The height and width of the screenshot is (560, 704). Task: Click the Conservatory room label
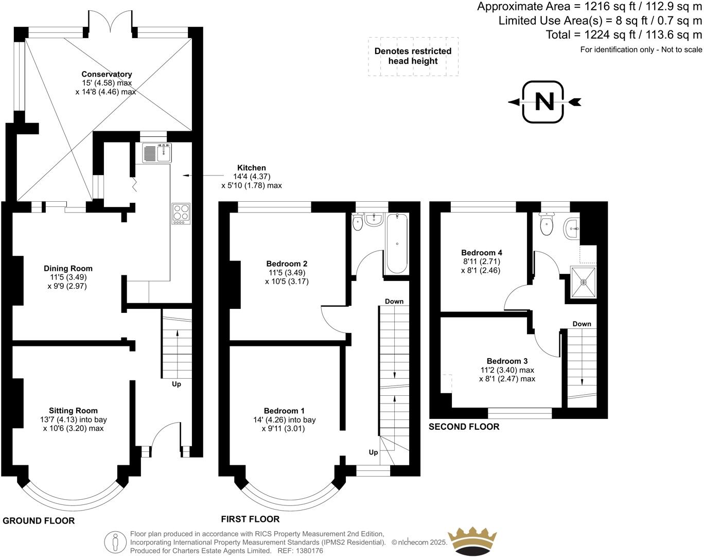(x=107, y=75)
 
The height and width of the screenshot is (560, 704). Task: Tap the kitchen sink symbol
(x=158, y=153)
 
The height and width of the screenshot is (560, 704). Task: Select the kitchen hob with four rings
(x=181, y=213)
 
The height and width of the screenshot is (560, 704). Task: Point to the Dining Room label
(x=68, y=268)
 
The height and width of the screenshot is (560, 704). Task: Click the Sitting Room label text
(x=73, y=411)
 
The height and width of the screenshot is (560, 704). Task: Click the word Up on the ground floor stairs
(x=176, y=384)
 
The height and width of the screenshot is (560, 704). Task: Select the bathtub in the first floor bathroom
(x=396, y=243)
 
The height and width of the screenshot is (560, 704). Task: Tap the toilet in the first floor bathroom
(x=358, y=223)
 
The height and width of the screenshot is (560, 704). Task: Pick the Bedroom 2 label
(x=287, y=264)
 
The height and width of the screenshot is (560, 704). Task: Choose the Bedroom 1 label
(x=284, y=411)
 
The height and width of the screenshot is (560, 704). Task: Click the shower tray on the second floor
(x=584, y=282)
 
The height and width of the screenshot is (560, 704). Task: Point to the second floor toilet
(x=546, y=224)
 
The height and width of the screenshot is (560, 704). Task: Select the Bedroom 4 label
(x=481, y=253)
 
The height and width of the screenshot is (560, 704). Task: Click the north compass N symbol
(x=544, y=102)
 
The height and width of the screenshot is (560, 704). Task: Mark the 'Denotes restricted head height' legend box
(x=413, y=56)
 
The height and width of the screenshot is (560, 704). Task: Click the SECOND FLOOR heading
(x=464, y=427)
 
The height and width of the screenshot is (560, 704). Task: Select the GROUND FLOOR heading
(x=39, y=521)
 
